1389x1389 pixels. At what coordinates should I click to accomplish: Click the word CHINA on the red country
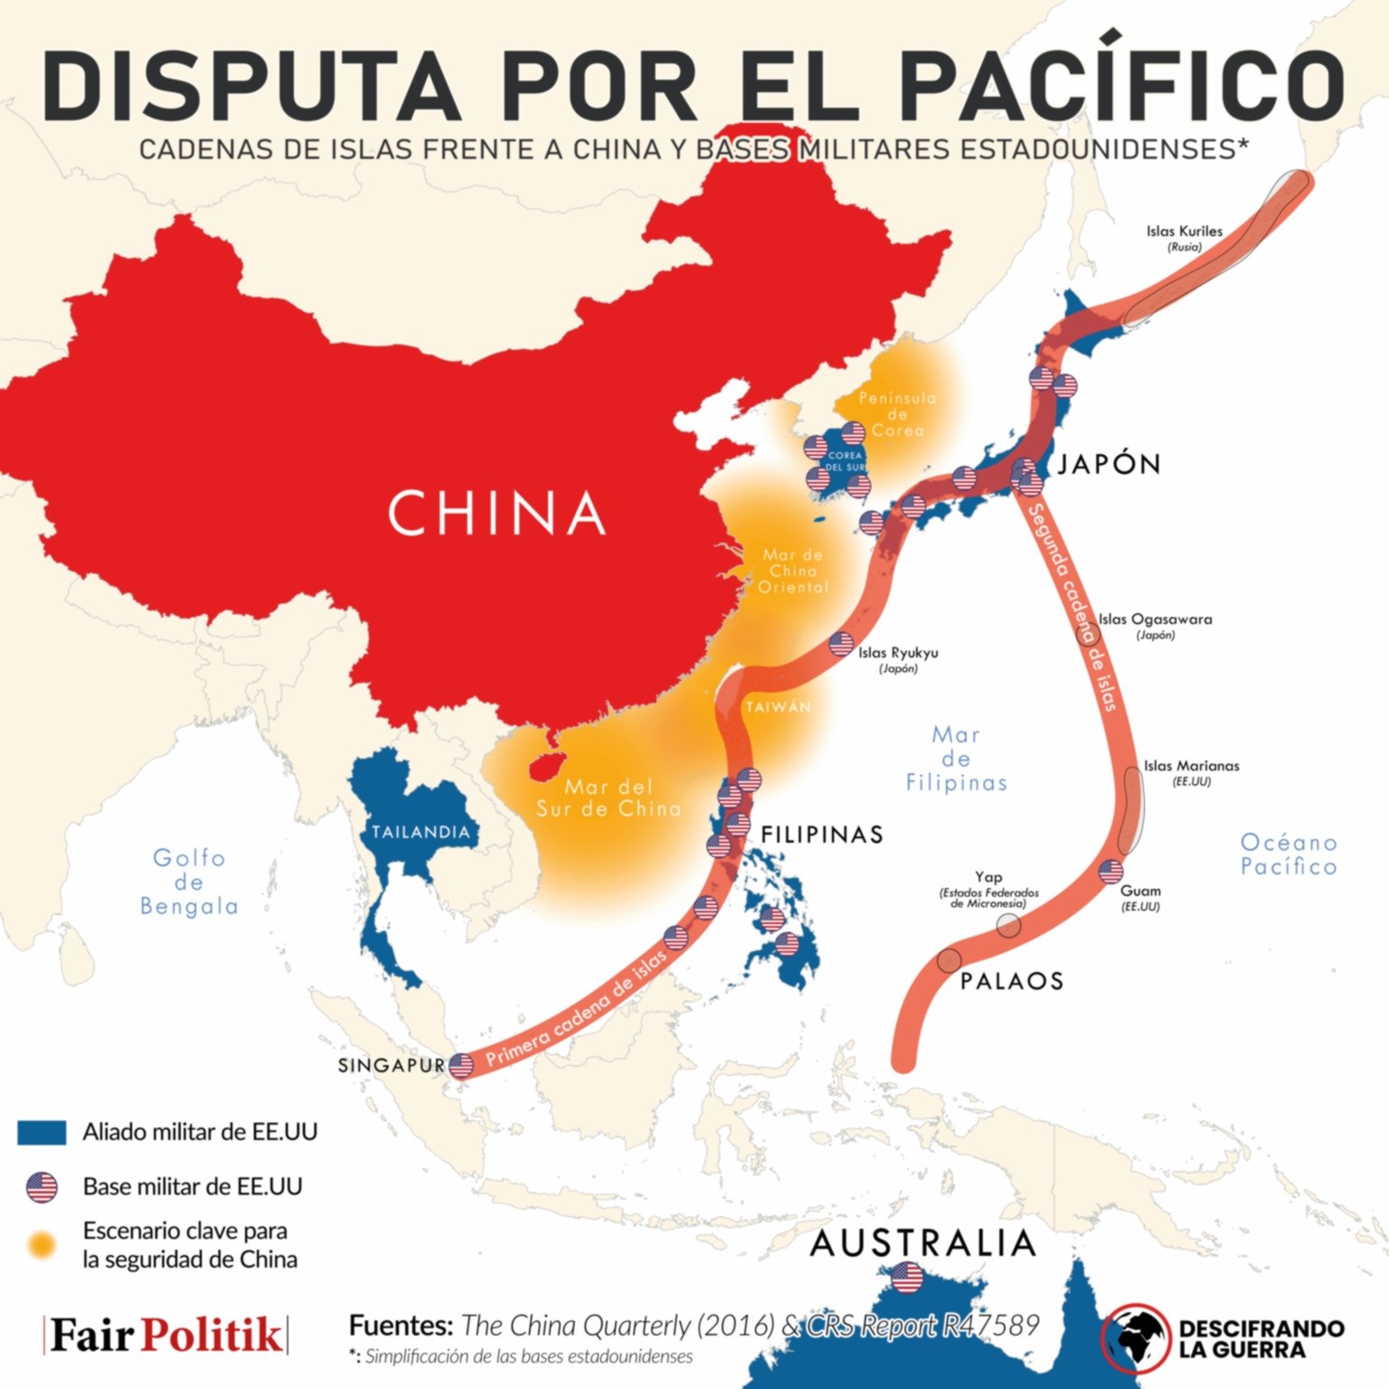click(x=496, y=513)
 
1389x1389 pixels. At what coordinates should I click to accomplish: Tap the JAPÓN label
click(x=1109, y=464)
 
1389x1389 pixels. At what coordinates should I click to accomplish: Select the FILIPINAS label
click(x=822, y=834)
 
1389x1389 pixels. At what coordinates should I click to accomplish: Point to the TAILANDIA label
click(x=420, y=832)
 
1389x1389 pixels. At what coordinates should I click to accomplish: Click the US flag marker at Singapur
click(x=461, y=1065)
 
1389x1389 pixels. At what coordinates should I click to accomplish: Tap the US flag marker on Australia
click(x=906, y=1279)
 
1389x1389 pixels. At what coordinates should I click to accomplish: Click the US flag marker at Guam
click(x=1110, y=872)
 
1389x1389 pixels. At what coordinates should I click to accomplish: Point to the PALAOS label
click(x=1011, y=981)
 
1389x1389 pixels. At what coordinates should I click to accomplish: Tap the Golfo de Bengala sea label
click(x=189, y=882)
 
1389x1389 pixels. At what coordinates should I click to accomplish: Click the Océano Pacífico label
click(x=1288, y=855)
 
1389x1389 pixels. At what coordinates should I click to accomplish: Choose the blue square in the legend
click(x=42, y=1132)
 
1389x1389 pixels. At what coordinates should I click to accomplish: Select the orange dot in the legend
click(x=42, y=1245)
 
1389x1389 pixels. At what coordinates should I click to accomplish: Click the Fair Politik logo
click(x=165, y=1335)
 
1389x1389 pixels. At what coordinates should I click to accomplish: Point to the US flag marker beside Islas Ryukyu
click(x=841, y=644)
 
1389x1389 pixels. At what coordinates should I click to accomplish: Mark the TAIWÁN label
click(x=778, y=707)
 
